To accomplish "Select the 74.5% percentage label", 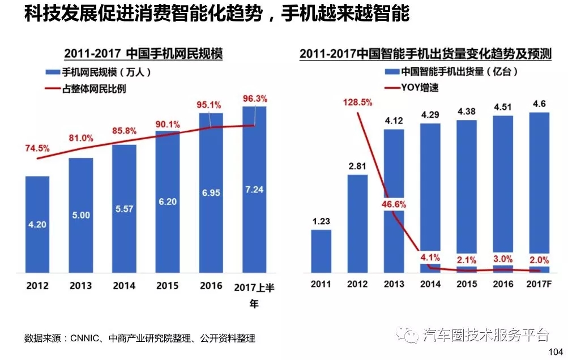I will (37, 148).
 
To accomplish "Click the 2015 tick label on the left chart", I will (167, 286).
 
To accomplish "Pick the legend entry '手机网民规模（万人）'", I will (98, 72).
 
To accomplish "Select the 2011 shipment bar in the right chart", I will (321, 251).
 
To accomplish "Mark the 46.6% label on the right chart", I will (394, 204).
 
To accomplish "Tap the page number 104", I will (557, 352).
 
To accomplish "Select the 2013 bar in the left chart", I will (81, 216).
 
